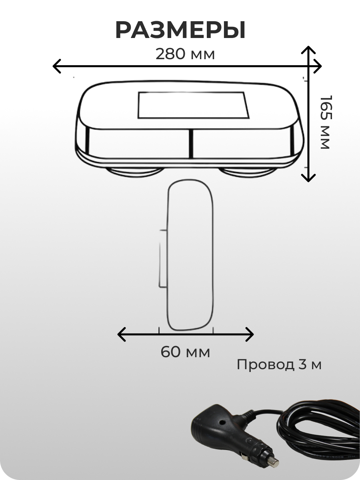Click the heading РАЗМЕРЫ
(x=180, y=30)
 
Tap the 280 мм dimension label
(x=185, y=54)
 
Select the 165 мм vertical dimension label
(x=326, y=122)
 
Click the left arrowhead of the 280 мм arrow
(x=57, y=66)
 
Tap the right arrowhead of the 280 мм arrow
(x=318, y=66)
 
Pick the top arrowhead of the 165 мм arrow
(x=308, y=50)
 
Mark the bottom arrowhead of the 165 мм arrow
(x=308, y=178)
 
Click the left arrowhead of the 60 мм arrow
(x=122, y=334)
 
